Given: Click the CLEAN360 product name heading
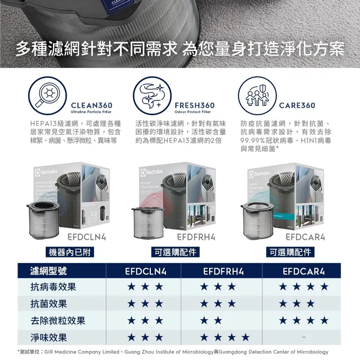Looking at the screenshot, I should [x=91, y=105].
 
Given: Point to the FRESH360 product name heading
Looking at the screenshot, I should [x=194, y=105].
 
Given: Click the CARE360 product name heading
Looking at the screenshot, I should [x=297, y=105].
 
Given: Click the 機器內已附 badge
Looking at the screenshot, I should [x=69, y=252].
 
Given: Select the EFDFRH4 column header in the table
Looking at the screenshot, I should [x=223, y=271].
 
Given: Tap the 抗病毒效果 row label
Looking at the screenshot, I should [x=54, y=288].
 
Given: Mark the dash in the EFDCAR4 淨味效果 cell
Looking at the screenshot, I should [x=304, y=337].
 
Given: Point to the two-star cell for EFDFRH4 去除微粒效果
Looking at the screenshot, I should [x=211, y=321].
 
